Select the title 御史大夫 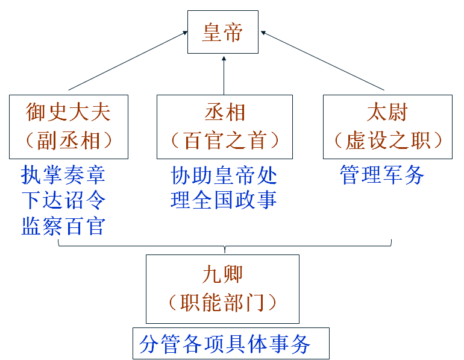point(69,113)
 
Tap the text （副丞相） point(69,141)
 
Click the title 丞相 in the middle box point(225,113)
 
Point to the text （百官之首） point(225,141)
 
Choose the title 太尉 point(387,113)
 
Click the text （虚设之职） point(387,141)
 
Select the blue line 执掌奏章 point(63,175)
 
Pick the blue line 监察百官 point(63,226)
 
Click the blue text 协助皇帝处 point(224,175)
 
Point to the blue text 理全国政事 point(224,200)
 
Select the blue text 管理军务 point(382,175)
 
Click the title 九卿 point(222,274)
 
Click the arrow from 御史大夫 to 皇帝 point(127,62)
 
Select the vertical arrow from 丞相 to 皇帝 point(224,75)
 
